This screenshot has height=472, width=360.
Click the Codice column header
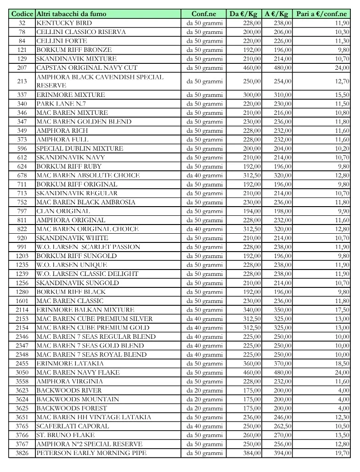(x=22, y=14)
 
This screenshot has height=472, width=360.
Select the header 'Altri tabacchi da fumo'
(x=71, y=14)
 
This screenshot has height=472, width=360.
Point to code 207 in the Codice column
(x=22, y=68)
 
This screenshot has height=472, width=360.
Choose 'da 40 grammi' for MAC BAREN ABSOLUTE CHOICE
(x=204, y=175)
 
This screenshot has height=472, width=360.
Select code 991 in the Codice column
(x=22, y=247)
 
